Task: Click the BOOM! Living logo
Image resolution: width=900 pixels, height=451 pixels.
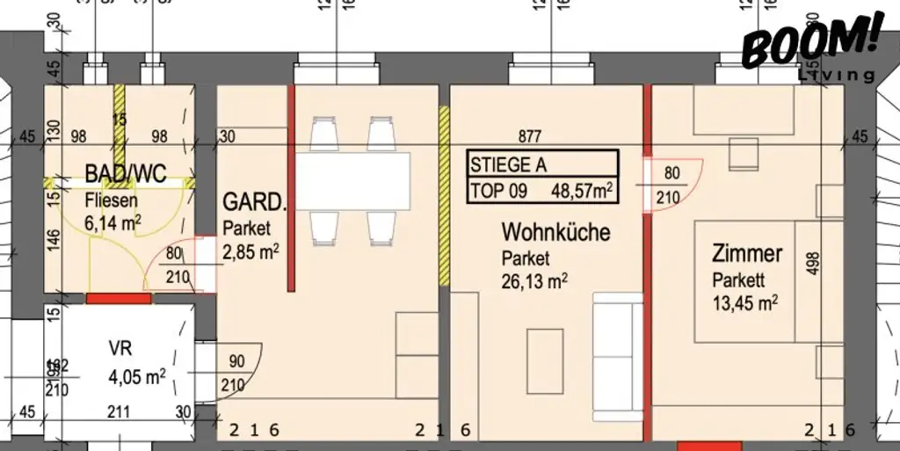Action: point(809,46)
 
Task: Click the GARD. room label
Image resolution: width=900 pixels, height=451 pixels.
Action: point(254,203)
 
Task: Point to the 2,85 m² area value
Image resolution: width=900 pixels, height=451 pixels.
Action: point(250,250)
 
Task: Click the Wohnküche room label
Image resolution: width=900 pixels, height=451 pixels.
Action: point(555,233)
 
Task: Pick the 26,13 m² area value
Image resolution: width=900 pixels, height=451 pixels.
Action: point(533,280)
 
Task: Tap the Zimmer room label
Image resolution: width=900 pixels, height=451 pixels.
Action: point(746,254)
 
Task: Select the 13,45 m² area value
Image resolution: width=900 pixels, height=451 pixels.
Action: point(744,303)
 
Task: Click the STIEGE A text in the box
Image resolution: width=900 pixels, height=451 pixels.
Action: point(501,164)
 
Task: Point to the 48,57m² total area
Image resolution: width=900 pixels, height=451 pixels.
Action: point(582,189)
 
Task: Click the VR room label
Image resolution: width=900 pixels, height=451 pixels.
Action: point(120,346)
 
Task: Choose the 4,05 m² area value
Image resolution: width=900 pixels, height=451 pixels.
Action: point(137,377)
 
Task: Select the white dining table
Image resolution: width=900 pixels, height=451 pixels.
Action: point(352,178)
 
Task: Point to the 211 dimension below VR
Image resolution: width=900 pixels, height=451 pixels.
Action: point(119,412)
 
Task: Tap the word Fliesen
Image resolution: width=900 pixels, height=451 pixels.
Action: point(111,200)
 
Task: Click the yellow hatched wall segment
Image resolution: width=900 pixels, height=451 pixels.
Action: point(444,196)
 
